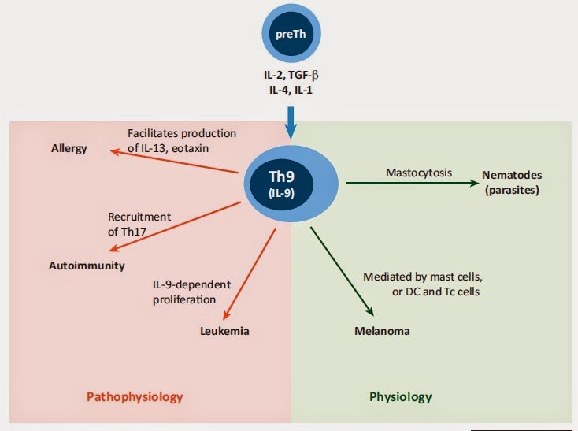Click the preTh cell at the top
point(289,35)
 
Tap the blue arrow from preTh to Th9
point(288,119)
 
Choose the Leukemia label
point(224,331)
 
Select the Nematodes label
point(512,176)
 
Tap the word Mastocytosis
point(419,172)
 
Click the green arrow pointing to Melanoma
point(340,271)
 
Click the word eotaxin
point(215,147)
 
